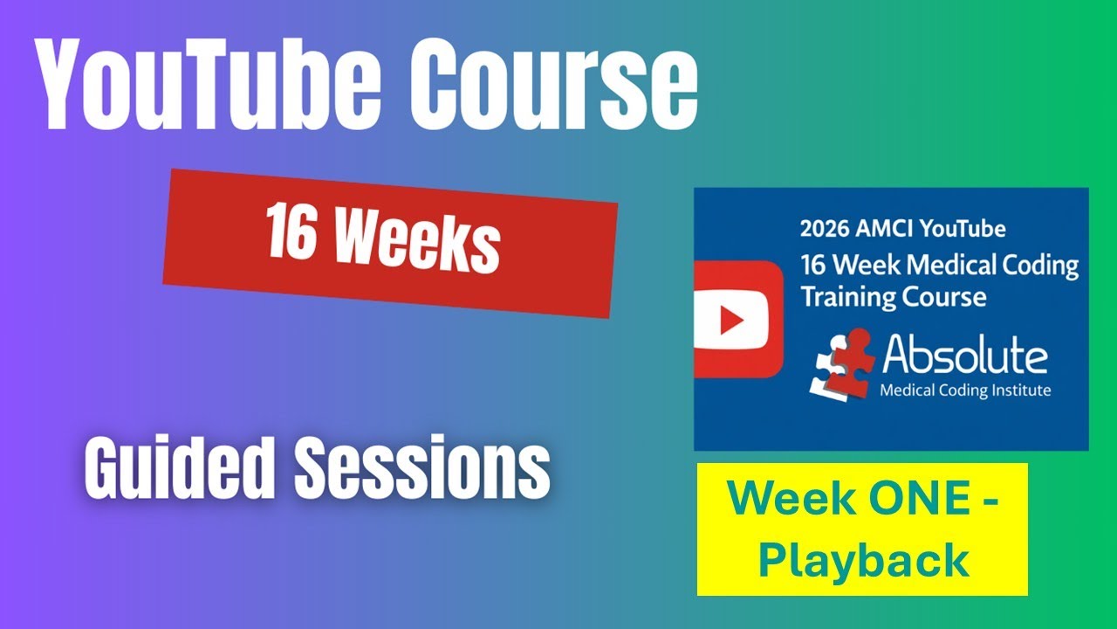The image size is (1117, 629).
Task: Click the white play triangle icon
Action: [730, 320]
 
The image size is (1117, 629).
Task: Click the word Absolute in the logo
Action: [964, 356]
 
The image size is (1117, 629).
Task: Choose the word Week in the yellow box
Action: [779, 500]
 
